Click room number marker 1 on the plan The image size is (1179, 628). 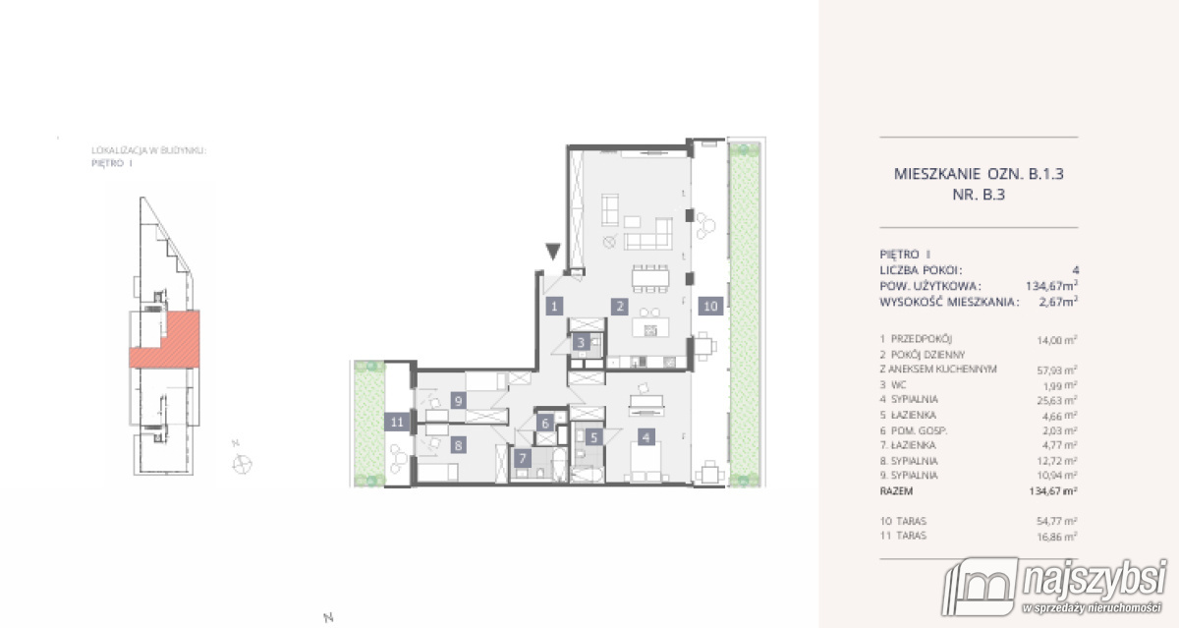pyautogui.click(x=554, y=307)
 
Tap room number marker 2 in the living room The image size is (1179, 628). pyautogui.click(x=620, y=307)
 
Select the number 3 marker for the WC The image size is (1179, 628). pyautogui.click(x=583, y=343)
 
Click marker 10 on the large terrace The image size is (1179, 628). pyautogui.click(x=710, y=307)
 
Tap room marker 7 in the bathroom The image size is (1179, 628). pyautogui.click(x=523, y=459)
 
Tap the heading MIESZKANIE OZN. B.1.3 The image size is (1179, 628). pyautogui.click(x=981, y=174)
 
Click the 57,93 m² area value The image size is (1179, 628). pyautogui.click(x=1054, y=369)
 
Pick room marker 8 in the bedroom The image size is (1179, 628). pyautogui.click(x=458, y=444)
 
